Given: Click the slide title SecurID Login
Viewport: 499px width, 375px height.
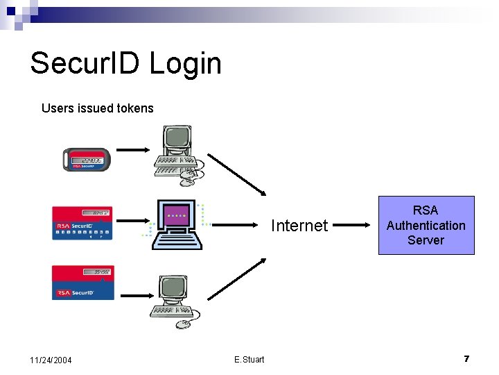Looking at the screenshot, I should coord(125,63).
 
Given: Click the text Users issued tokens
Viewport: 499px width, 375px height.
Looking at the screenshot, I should coord(97,108).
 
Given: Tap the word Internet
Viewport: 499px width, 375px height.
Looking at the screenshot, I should coord(299,225).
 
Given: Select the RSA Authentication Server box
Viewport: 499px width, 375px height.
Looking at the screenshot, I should coord(426,225).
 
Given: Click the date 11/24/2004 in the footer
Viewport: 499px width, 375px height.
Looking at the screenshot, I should coord(51,360).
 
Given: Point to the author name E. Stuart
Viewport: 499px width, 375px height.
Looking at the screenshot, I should coord(249,359).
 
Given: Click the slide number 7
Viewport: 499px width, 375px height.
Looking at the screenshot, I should coord(466,358).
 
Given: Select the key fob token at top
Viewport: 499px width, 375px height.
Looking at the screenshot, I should coord(86,160).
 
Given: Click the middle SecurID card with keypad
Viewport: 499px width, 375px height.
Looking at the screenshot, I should coord(82,223).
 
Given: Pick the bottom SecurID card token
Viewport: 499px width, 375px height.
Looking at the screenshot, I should coord(82,282).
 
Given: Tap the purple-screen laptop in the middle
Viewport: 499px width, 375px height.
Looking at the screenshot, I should coord(179,224).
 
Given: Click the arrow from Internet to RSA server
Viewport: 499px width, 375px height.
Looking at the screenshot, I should coord(358,225).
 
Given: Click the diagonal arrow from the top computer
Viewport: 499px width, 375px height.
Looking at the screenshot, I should coord(236,174).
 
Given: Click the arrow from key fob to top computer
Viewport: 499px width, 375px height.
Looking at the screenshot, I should coord(133,149).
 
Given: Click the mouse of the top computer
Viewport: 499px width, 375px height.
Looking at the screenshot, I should coord(187,183).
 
